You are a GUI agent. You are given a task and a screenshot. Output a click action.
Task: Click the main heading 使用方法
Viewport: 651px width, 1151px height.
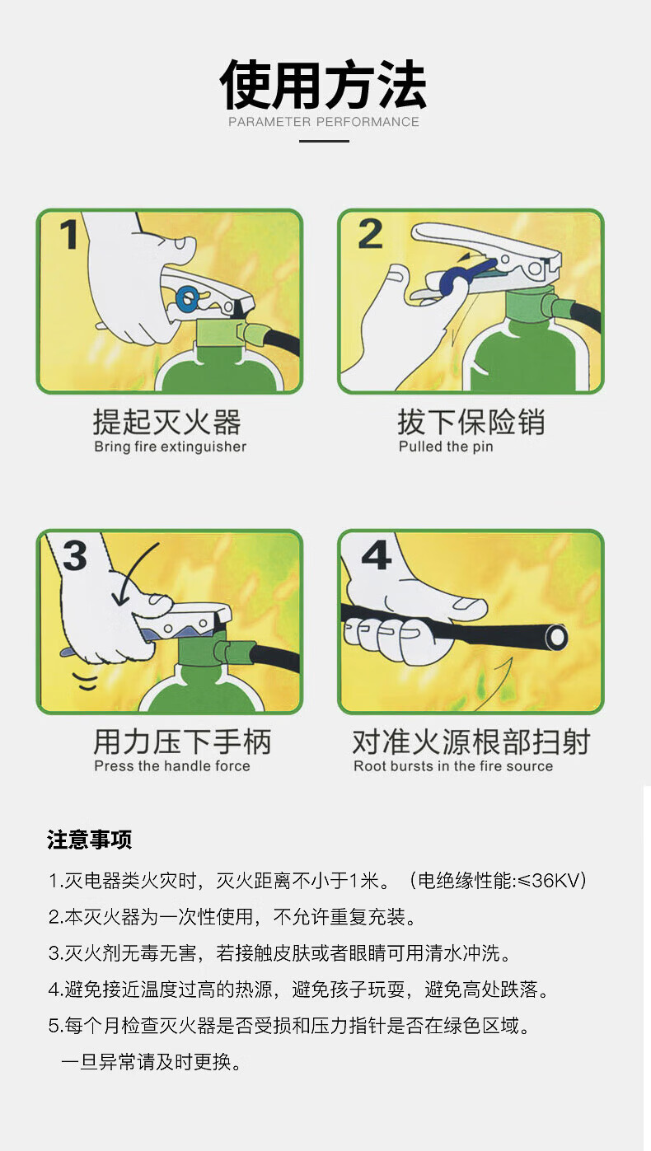pyautogui.click(x=323, y=85)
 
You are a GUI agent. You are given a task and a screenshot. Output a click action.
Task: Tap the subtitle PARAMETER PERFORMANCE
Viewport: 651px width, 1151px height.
pyautogui.click(x=324, y=122)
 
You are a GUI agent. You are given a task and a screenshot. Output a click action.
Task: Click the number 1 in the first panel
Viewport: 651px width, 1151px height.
pyautogui.click(x=69, y=234)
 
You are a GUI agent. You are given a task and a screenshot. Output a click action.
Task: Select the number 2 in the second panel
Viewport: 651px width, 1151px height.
pyautogui.click(x=371, y=234)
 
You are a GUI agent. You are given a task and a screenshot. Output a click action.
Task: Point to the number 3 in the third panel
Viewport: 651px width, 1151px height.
pyautogui.click(x=75, y=555)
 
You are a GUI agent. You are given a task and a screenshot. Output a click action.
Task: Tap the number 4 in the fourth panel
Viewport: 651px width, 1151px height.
pyautogui.click(x=376, y=555)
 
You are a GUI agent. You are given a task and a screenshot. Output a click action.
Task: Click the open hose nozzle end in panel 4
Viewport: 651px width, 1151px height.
pyautogui.click(x=556, y=637)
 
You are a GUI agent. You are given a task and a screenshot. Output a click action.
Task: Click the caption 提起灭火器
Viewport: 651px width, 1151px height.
pyautogui.click(x=167, y=423)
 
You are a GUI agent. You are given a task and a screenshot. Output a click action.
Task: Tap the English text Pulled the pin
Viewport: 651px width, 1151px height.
pyautogui.click(x=446, y=447)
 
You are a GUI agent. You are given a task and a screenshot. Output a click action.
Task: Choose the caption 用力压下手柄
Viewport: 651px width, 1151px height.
pyautogui.click(x=182, y=742)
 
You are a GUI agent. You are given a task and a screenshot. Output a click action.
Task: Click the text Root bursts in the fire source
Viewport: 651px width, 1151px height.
pyautogui.click(x=453, y=766)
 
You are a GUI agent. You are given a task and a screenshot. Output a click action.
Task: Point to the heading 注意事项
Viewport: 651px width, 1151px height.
pyautogui.click(x=89, y=840)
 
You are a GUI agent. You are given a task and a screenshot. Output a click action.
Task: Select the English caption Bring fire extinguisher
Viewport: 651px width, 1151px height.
pyautogui.click(x=170, y=447)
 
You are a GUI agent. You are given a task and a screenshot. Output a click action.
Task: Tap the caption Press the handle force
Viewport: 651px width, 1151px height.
pyautogui.click(x=172, y=766)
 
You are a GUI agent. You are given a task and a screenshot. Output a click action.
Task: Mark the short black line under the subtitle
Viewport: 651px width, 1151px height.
pyautogui.click(x=324, y=142)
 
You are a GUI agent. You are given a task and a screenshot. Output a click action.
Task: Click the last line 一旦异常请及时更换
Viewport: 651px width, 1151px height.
pyautogui.click(x=151, y=1061)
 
